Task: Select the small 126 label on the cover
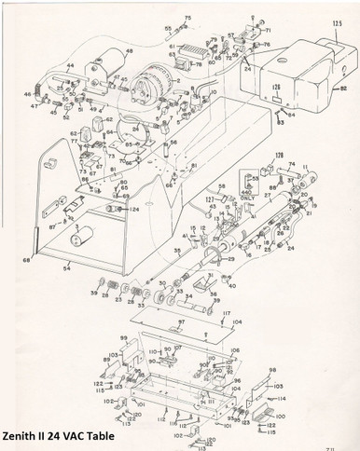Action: (275, 91)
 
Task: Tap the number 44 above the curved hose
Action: (69, 66)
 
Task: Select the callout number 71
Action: (266, 44)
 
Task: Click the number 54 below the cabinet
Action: (65, 268)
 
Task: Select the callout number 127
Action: (211, 199)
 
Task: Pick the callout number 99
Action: (122, 337)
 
